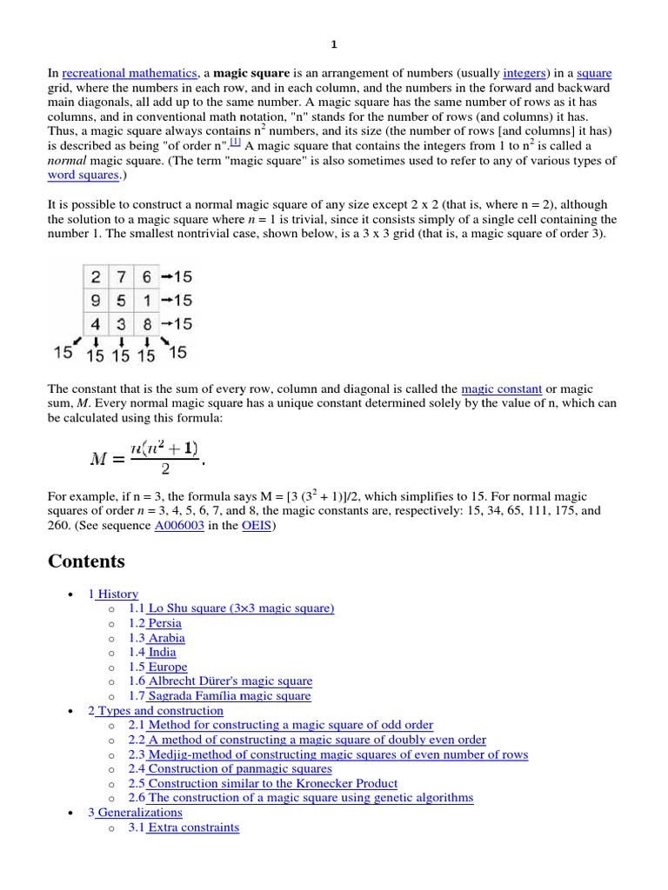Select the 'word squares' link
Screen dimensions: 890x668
pyautogui.click(x=83, y=176)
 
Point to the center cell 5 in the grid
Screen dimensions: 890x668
pyautogui.click(x=121, y=300)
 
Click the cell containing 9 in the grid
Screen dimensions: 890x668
pyautogui.click(x=95, y=300)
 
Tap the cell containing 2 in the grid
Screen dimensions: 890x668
pyautogui.click(x=95, y=277)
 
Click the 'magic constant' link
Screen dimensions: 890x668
pyautogui.click(x=501, y=389)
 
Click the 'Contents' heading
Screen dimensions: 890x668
pyautogui.click(x=86, y=561)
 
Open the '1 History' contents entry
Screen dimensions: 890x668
pyautogui.click(x=113, y=594)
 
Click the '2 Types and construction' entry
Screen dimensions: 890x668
pyautogui.click(x=156, y=711)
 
